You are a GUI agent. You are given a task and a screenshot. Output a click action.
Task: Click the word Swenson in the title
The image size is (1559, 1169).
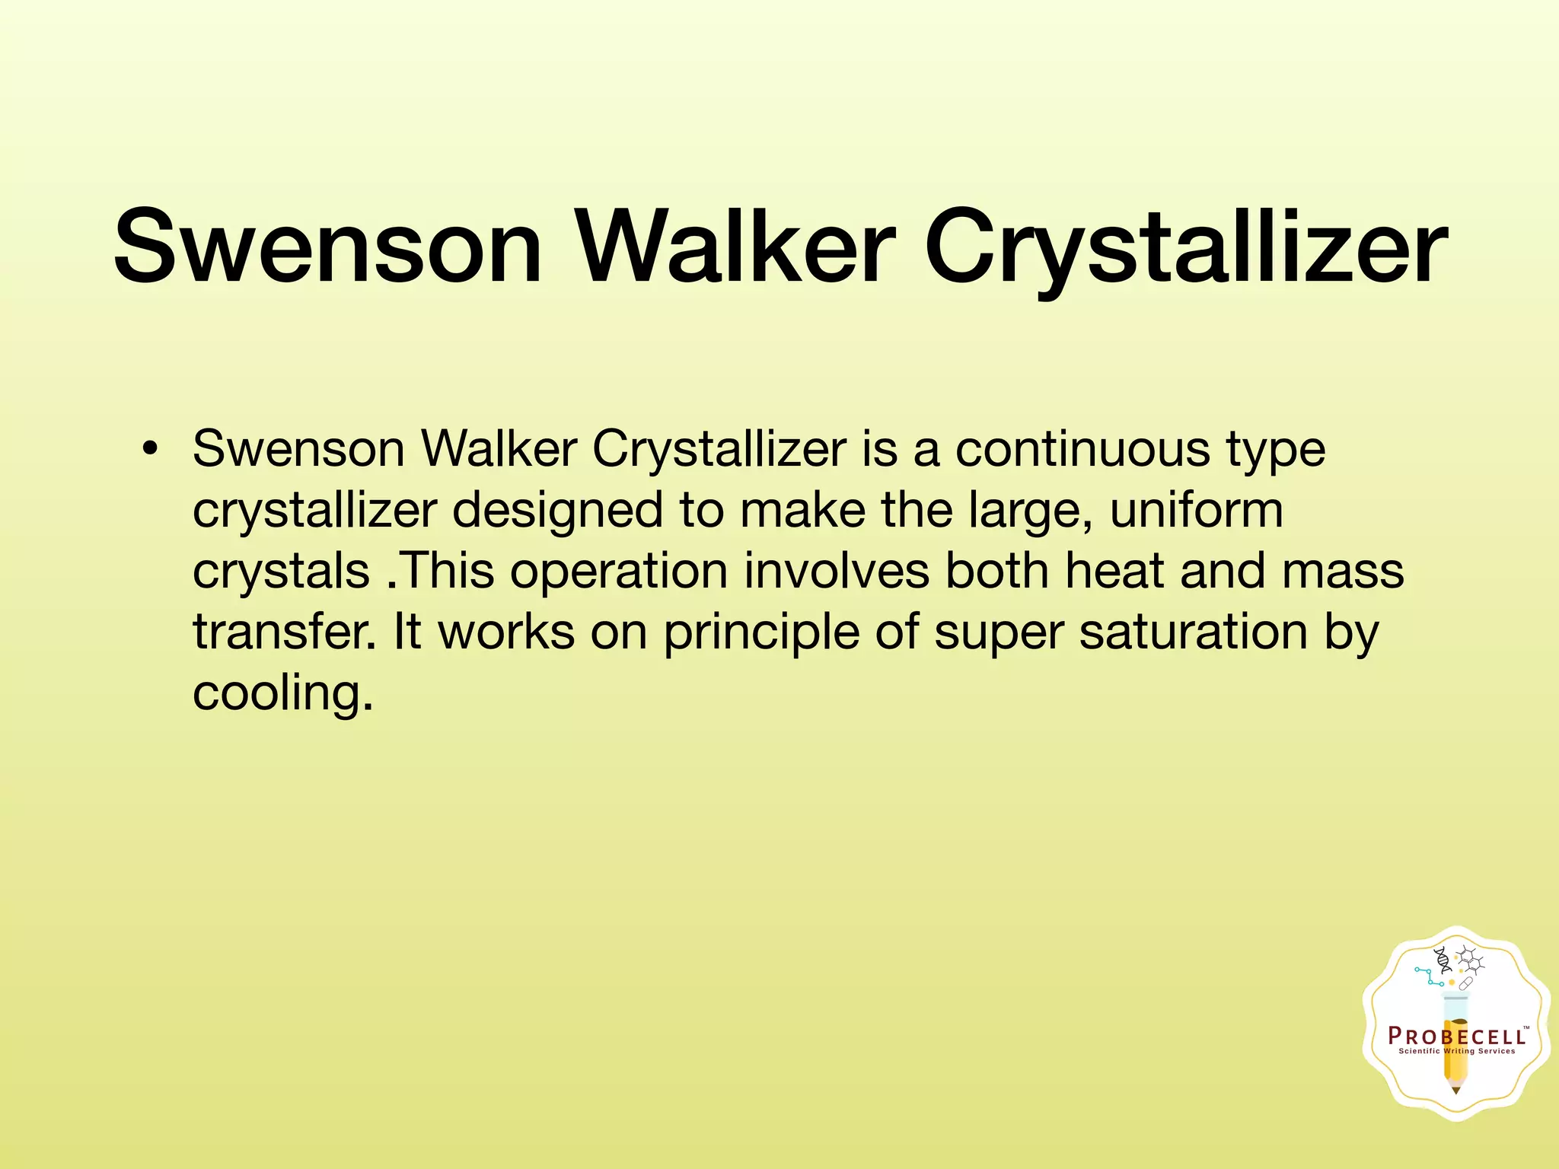click(x=327, y=247)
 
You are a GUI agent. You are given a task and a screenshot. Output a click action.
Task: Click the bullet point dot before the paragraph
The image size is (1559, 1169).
click(x=150, y=449)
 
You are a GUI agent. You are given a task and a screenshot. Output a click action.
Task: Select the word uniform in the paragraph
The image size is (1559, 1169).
click(x=1196, y=510)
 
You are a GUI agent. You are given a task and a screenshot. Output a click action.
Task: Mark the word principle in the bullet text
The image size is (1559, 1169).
click(x=761, y=633)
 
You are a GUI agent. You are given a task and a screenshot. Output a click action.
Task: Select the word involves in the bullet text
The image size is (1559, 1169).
click(x=837, y=571)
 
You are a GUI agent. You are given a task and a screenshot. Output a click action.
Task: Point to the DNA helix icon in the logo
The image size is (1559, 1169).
click(x=1442, y=961)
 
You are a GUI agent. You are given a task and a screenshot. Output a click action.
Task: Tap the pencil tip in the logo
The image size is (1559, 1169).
click(x=1456, y=1090)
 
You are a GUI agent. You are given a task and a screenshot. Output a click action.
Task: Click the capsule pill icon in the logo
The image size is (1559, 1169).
click(x=1465, y=983)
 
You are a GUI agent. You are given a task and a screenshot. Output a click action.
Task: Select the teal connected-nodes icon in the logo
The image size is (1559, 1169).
click(x=1428, y=976)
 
